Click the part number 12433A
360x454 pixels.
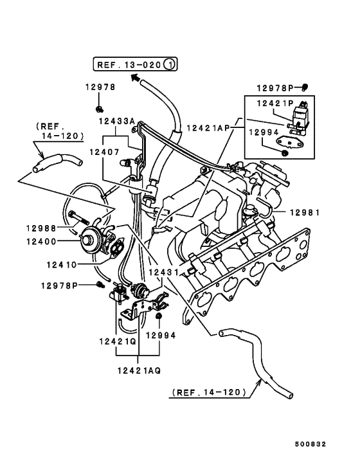(x=117, y=121)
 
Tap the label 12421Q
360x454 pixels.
(x=118, y=341)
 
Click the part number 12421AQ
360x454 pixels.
(x=139, y=370)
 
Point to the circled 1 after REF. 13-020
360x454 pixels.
(x=170, y=64)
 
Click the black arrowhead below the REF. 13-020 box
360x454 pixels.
(x=135, y=78)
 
